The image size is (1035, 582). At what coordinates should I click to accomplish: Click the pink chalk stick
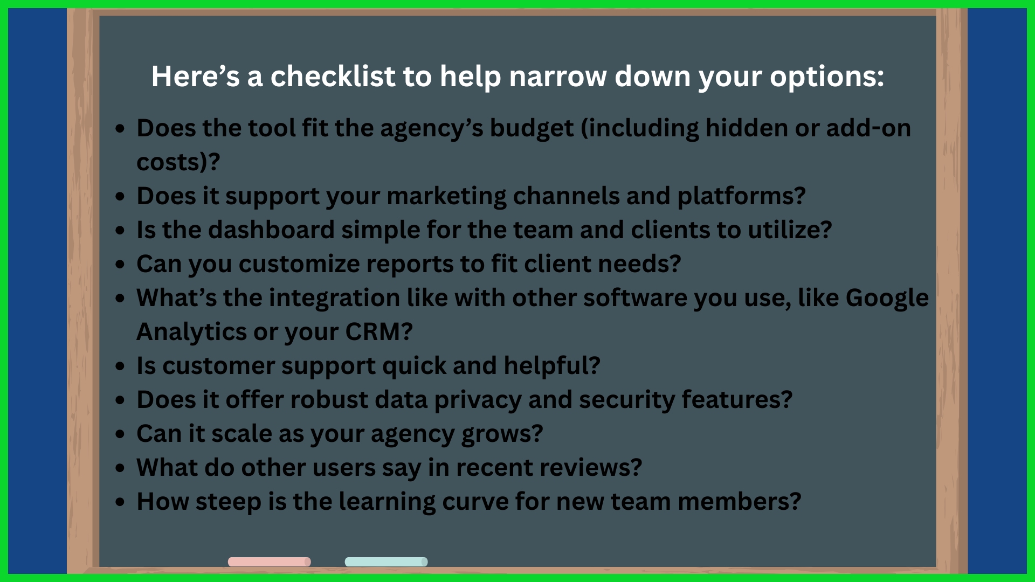[x=270, y=562]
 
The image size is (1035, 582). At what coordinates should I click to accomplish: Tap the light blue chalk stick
[x=386, y=562]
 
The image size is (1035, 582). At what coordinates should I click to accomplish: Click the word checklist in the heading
[x=333, y=76]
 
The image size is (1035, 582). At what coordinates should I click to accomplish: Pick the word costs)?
[x=178, y=162]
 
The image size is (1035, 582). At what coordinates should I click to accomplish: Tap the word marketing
[x=446, y=197]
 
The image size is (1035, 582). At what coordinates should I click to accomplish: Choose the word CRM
[x=373, y=332]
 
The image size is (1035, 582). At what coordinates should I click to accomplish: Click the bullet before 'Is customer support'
[x=120, y=366]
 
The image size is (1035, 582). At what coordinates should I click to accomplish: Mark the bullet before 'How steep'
[x=120, y=502]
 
